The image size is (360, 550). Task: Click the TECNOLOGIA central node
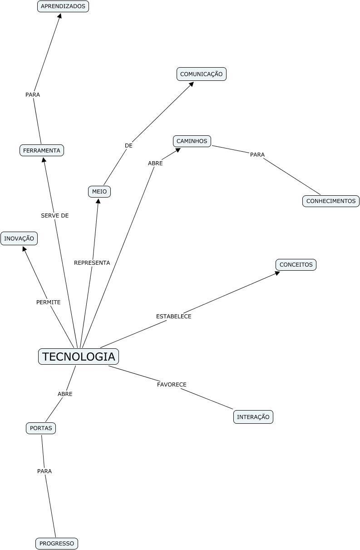tap(79, 357)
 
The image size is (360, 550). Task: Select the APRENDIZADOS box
tap(63, 6)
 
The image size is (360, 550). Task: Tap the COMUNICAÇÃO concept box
tap(202, 74)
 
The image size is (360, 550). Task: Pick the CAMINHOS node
tap(192, 141)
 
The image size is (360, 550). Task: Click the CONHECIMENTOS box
tap(331, 201)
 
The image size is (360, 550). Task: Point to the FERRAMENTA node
tap(42, 150)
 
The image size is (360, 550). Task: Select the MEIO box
tap(99, 192)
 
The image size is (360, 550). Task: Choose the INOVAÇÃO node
tap(19, 238)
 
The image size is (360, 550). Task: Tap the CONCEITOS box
tap(296, 265)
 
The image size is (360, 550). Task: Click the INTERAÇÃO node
tap(253, 417)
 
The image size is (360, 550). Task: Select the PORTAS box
tap(41, 428)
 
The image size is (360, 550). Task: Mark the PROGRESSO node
tap(57, 544)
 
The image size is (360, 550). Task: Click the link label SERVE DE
tap(55, 216)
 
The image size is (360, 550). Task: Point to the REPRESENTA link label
tap(92, 263)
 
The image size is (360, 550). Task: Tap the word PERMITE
tap(49, 302)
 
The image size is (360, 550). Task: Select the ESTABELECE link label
tap(174, 317)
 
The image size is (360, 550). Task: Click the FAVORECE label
tap(172, 385)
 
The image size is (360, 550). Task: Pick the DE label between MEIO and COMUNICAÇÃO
tap(129, 146)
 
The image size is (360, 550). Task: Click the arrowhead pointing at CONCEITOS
tap(278, 273)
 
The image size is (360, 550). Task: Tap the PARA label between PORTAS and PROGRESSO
tap(44, 471)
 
